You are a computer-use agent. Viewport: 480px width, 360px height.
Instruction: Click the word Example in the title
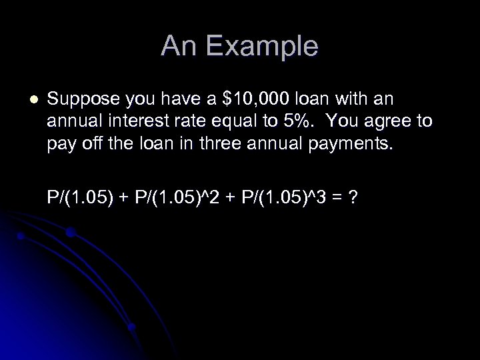click(x=265, y=47)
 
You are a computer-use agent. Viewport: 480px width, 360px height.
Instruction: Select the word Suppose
click(x=78, y=101)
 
